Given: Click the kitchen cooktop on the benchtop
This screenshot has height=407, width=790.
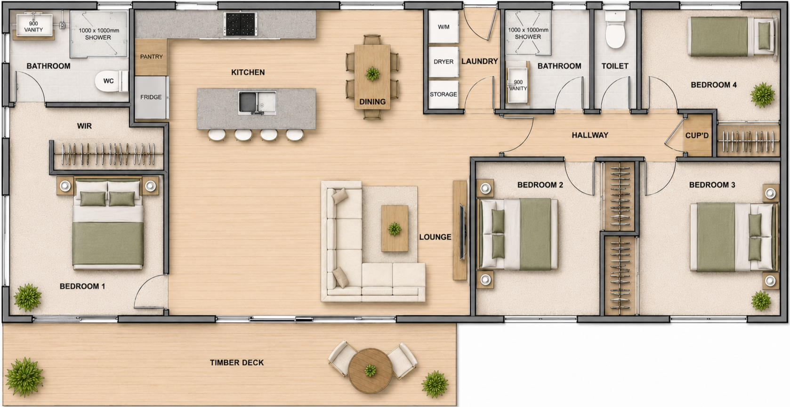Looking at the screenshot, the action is click(240, 24).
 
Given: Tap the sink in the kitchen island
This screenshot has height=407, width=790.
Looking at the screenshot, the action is click(257, 103).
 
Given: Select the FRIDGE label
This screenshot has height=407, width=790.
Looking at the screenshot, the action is click(151, 97).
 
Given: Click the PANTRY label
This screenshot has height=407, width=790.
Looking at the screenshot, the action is click(151, 57).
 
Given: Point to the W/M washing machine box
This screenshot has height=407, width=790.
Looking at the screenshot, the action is click(443, 27).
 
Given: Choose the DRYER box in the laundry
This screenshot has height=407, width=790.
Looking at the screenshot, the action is click(443, 62).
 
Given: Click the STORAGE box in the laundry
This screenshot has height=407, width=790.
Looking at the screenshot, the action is click(443, 94).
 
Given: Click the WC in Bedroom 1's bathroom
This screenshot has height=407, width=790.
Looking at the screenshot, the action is click(111, 81).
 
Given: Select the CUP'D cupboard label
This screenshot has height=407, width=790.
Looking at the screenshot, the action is click(697, 136).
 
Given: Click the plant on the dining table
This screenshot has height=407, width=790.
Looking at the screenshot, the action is click(372, 73).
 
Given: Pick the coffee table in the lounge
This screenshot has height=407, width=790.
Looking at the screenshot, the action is click(395, 229).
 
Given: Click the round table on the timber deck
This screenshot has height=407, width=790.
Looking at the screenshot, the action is click(371, 371).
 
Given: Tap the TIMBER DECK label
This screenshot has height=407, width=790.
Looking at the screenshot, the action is click(237, 363).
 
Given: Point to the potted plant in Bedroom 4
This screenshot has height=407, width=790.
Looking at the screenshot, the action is click(763, 95).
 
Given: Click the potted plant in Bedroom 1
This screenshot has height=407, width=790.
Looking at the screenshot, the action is click(27, 297).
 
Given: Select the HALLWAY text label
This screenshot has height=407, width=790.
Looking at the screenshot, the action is click(590, 135).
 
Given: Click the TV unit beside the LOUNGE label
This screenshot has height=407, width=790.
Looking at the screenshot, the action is click(460, 230).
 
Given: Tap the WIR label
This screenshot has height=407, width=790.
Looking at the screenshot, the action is click(84, 126).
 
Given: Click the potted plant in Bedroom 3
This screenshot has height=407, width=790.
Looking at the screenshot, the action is click(761, 301).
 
